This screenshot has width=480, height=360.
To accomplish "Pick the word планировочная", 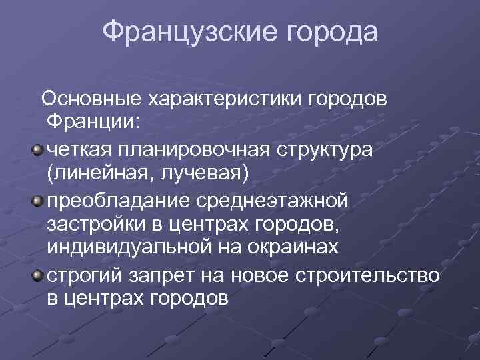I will [193, 149].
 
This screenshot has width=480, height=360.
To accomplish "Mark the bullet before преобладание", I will [37, 199].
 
